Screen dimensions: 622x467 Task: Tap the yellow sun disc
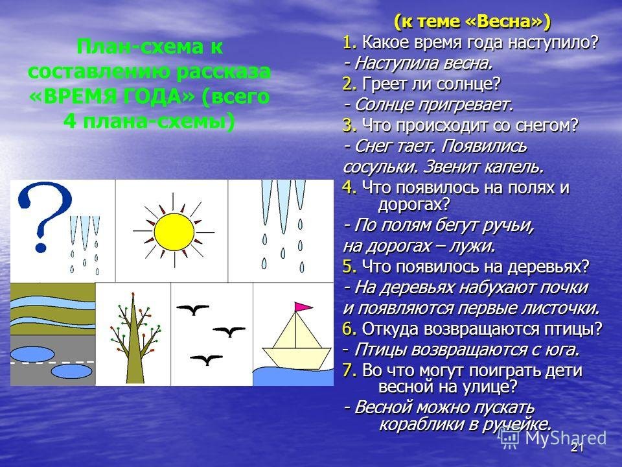point(174,232)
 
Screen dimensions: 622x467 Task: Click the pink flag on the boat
point(303,307)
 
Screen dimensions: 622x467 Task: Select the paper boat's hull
point(297,355)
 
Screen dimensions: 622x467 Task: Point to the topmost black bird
point(193,309)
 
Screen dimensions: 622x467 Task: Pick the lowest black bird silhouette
point(206,359)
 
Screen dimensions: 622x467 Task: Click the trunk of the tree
point(134,350)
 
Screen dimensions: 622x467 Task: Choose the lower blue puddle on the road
point(72,372)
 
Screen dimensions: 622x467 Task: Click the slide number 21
point(577,448)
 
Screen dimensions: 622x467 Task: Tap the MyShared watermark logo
point(553,438)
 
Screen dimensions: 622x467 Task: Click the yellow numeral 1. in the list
point(350,42)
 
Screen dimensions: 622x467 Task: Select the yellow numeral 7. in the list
point(350,370)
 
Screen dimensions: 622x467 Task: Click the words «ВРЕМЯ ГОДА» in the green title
point(111,97)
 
